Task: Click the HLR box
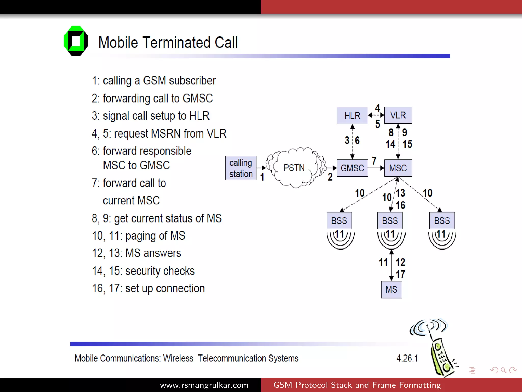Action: point(352,115)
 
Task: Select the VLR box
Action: point(398,115)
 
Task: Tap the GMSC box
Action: point(352,168)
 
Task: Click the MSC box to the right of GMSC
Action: point(398,168)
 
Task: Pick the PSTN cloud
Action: point(294,168)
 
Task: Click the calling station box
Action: point(241,168)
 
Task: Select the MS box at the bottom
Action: point(391,289)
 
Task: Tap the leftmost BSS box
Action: point(339,220)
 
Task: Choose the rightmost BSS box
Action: point(442,220)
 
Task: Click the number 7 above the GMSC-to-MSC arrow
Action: point(374,161)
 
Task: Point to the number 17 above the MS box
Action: point(400,274)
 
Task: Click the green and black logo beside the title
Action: point(76,41)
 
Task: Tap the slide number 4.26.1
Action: point(407,358)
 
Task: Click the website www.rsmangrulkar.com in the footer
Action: point(204,385)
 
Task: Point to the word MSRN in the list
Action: point(166,133)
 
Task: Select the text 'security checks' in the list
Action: point(160,271)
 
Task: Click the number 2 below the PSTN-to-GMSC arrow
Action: point(330,177)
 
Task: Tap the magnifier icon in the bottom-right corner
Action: point(503,370)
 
